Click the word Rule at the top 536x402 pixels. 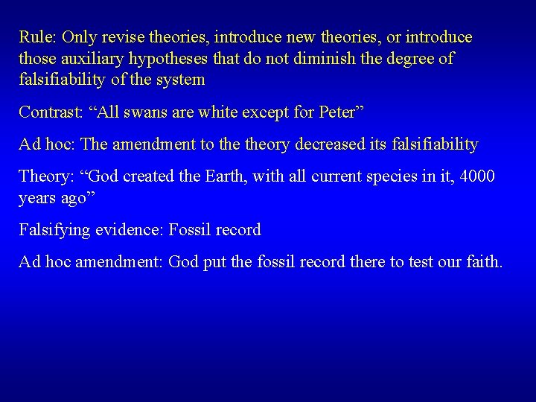pos(37,37)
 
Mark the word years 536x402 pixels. pos(39,197)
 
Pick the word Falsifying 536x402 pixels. pos(54,229)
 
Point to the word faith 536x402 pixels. pos(483,261)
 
